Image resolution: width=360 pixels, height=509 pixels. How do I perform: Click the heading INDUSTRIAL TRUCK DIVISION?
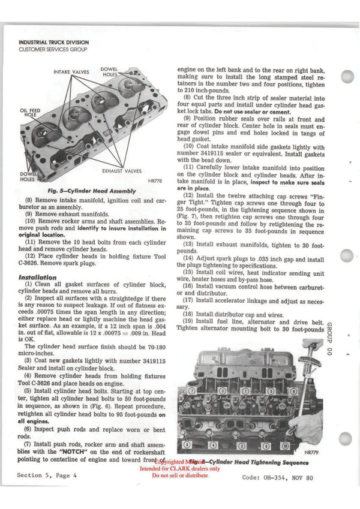point(53,43)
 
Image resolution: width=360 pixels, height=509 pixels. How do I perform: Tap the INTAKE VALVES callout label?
point(71,73)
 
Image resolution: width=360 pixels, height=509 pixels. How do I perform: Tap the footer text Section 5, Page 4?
point(47,475)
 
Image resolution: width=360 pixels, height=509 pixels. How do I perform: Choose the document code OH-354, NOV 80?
point(277,478)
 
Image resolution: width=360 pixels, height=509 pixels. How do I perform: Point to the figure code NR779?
point(311,453)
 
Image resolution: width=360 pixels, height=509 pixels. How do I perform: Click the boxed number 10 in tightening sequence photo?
point(284,445)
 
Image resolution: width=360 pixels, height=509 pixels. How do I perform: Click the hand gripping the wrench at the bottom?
point(308,427)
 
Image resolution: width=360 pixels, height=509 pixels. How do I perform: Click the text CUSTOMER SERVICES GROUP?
point(53,49)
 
